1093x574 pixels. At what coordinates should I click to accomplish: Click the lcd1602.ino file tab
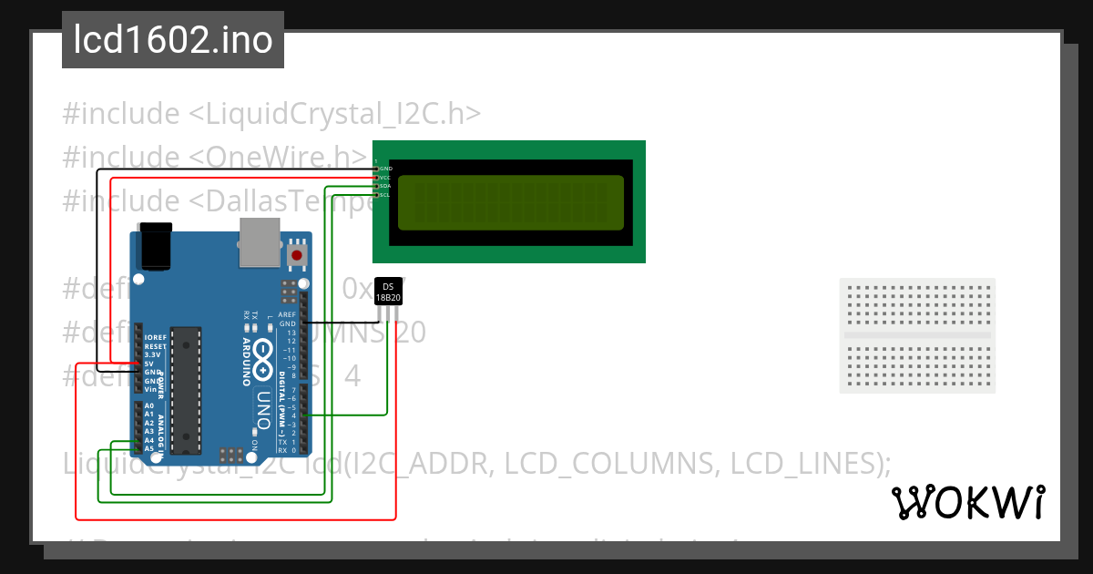pos(172,40)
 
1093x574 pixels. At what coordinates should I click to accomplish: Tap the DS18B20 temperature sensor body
pos(388,292)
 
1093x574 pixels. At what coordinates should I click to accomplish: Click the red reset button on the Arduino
pos(297,255)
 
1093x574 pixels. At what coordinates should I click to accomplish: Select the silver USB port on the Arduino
pos(260,241)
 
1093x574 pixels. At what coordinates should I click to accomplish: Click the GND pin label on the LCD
pos(385,169)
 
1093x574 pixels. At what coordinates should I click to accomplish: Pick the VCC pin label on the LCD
pos(385,178)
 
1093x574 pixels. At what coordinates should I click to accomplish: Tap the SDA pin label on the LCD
pos(385,186)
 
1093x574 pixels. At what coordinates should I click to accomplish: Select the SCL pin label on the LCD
pos(385,195)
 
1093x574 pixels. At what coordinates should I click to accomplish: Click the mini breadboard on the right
pos(917,335)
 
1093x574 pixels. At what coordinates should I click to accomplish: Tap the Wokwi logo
pos(968,502)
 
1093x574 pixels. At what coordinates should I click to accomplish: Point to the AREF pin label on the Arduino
pos(287,314)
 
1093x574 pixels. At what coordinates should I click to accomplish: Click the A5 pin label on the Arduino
pos(148,448)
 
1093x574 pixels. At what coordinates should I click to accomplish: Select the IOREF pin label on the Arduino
pos(155,338)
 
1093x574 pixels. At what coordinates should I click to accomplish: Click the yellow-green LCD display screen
pos(510,202)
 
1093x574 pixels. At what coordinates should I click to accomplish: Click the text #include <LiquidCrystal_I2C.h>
pos(271,115)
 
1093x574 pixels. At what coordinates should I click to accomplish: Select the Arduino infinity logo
pos(262,360)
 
